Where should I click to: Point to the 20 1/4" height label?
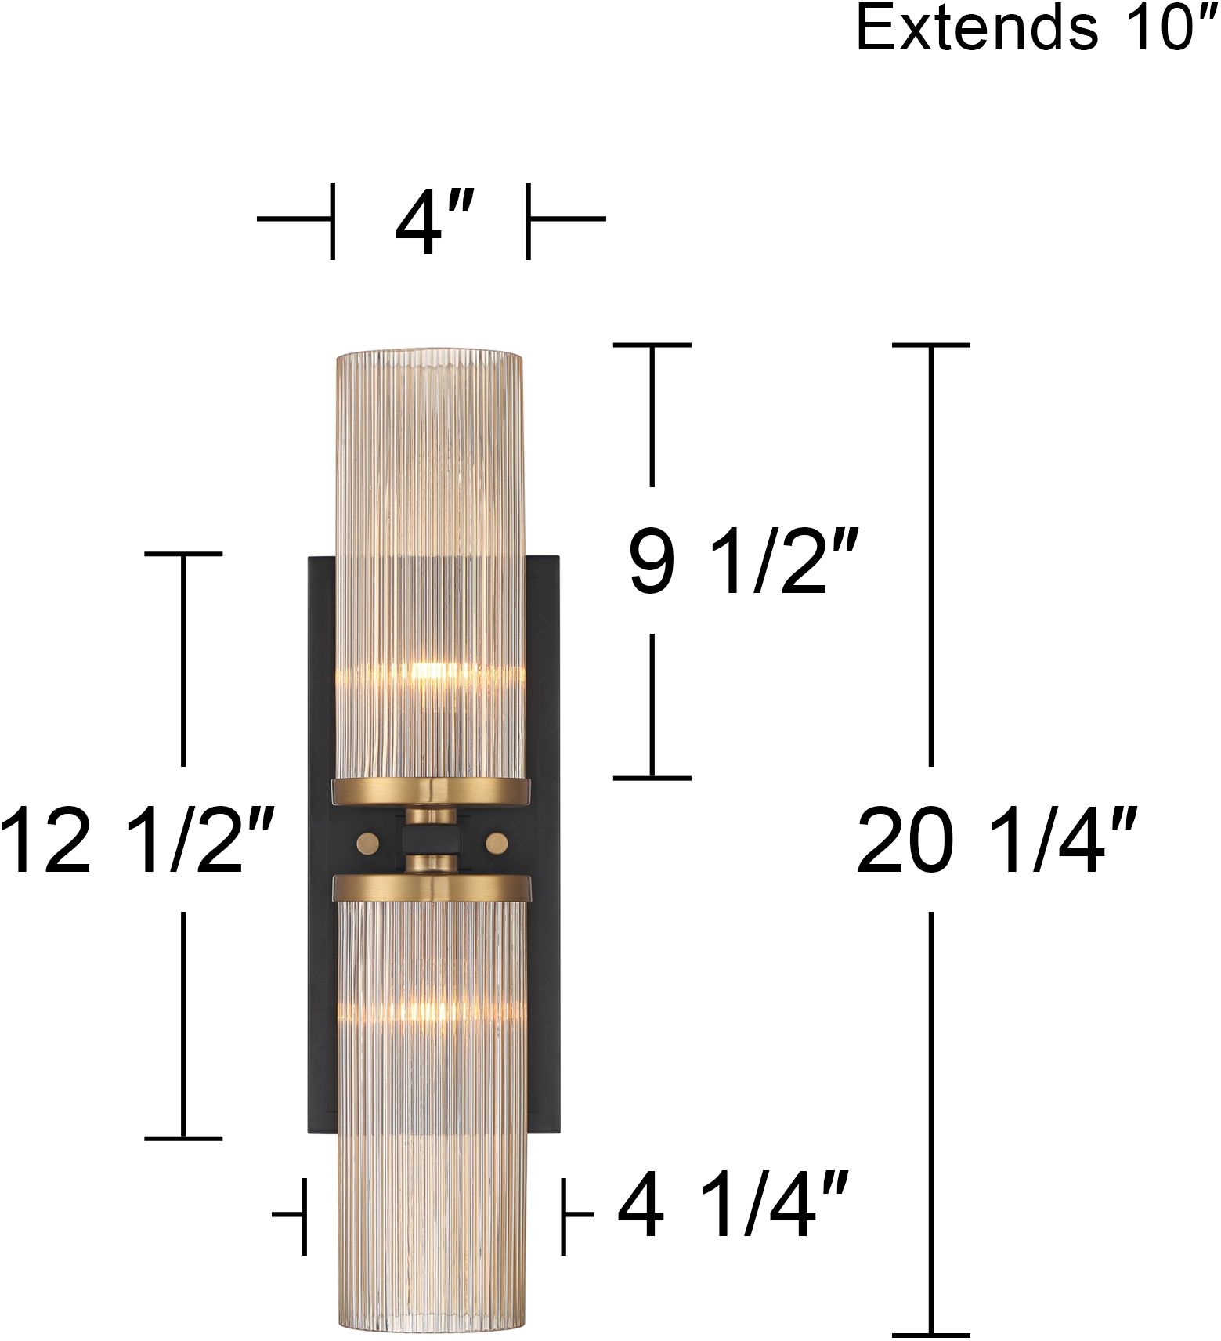coord(996,840)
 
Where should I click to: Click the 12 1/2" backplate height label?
coord(137,840)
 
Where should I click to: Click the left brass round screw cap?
coord(367,843)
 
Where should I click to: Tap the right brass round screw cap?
coord(497,843)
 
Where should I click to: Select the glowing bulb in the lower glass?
coord(427,1010)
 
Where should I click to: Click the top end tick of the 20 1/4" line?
coord(930,345)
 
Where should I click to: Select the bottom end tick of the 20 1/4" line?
coord(930,1335)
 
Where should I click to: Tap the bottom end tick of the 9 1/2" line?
coord(652,778)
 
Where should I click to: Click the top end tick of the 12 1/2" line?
coord(184,554)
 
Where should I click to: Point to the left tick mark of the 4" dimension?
coord(333,220)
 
